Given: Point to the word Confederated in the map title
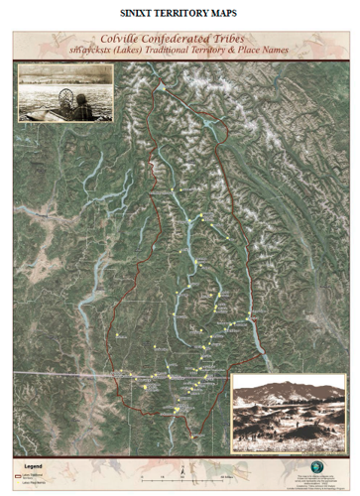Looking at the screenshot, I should (183, 36).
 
